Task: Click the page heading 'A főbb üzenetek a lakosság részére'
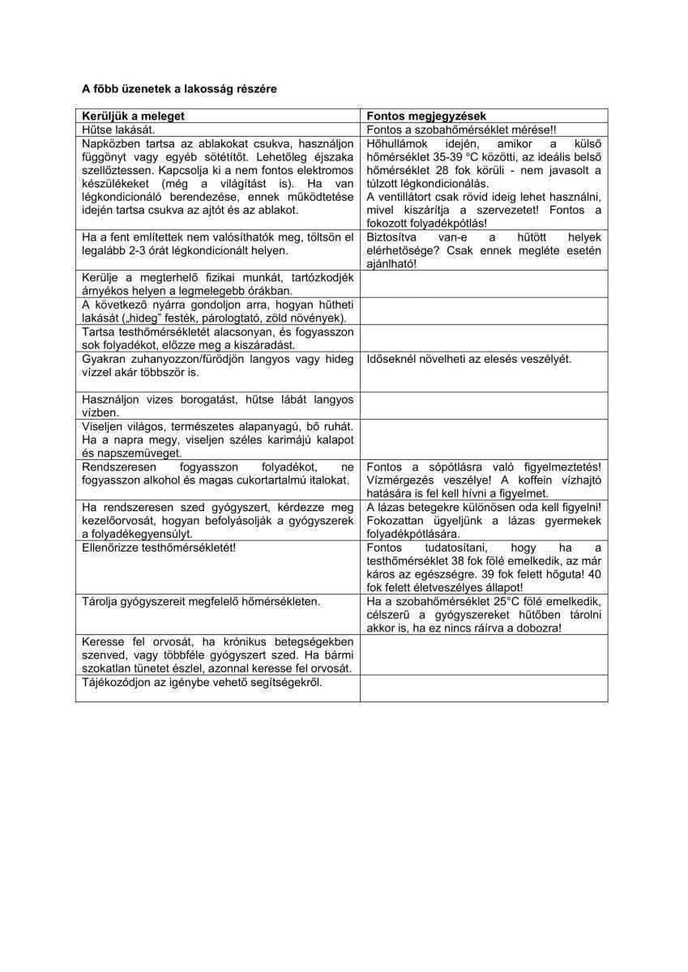179,88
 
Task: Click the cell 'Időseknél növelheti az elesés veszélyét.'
469,358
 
